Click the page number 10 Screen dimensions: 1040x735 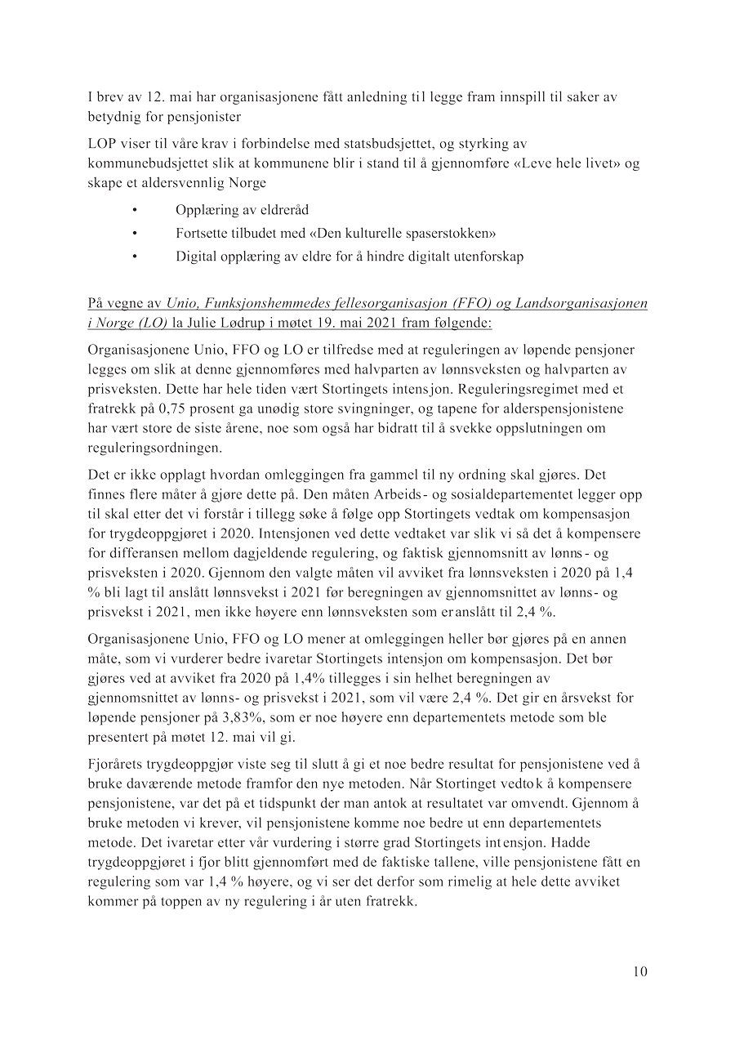click(639, 971)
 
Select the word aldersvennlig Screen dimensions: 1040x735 click(182, 183)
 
